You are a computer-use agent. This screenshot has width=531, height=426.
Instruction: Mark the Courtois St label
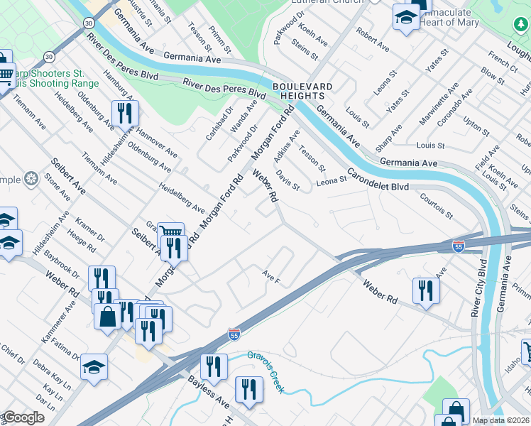pyautogui.click(x=436, y=203)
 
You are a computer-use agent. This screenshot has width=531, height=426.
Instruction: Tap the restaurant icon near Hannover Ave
pyautogui.click(x=125, y=113)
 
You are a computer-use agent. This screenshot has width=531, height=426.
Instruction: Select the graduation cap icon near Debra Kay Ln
pyautogui.click(x=94, y=366)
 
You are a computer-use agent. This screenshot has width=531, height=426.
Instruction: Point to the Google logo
pyautogui.click(x=23, y=417)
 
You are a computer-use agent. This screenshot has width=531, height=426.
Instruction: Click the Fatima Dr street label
pyautogui.click(x=66, y=348)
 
